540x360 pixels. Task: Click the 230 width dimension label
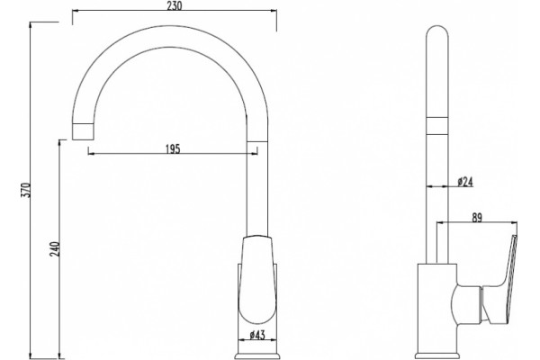[x=174, y=5]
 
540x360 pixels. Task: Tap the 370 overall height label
[x=26, y=190]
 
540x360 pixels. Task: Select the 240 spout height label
[x=55, y=249]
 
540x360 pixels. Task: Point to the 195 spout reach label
[x=173, y=149]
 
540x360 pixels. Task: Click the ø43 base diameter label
[x=258, y=335]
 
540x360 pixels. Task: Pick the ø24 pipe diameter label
[x=465, y=182]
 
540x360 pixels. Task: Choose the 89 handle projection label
[x=477, y=218]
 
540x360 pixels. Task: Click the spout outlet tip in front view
[x=83, y=131]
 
